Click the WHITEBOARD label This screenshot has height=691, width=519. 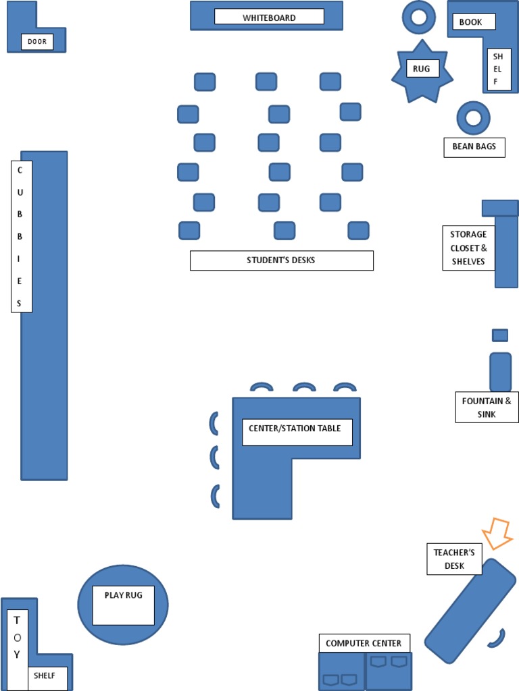[x=269, y=17]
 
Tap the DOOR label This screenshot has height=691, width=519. [x=37, y=42]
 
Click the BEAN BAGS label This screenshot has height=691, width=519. [x=474, y=147]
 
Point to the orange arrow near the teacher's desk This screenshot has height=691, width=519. [x=499, y=533]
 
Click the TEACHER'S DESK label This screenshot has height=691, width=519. [x=454, y=559]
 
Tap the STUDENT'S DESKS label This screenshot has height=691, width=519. [x=281, y=260]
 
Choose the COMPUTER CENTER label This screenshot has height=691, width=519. [x=364, y=643]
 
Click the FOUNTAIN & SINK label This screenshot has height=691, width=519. [x=487, y=408]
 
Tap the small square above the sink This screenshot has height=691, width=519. [x=500, y=335]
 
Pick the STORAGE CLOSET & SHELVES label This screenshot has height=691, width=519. [x=468, y=248]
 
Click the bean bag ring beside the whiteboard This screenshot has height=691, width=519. [x=419, y=17]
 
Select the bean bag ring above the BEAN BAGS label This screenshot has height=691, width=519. [x=473, y=118]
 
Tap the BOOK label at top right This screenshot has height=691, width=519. [x=471, y=22]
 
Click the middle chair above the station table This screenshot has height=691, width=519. [x=304, y=387]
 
